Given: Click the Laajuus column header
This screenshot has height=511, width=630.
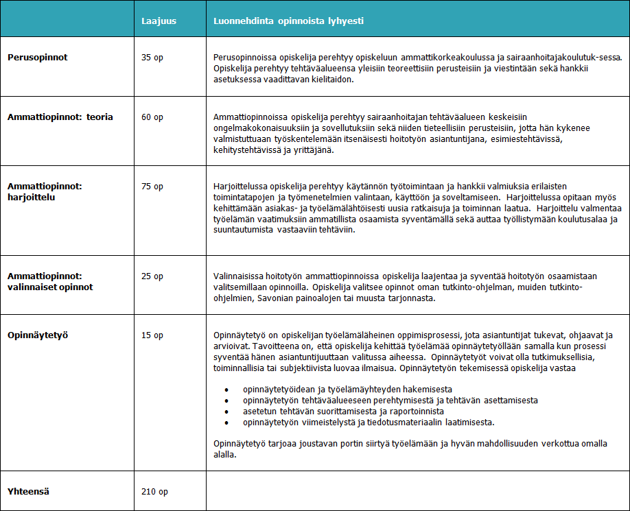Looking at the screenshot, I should tap(159, 21).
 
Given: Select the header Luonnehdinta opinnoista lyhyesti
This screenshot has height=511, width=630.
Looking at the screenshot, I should tap(288, 21).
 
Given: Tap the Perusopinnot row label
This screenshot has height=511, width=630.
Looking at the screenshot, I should tap(38, 58).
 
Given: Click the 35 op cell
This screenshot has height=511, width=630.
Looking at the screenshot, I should tap(152, 58).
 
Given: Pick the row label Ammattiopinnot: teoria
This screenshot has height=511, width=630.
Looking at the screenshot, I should tap(60, 117).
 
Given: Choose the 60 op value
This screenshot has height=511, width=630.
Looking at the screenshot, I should tap(152, 117).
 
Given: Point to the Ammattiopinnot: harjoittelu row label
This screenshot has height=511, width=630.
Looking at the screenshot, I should tap(45, 191).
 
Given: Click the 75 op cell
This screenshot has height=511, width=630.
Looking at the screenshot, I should tap(152, 187).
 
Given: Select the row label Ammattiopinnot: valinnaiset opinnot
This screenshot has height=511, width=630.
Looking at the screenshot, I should tap(50, 281).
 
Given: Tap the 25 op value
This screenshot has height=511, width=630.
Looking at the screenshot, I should tap(152, 276).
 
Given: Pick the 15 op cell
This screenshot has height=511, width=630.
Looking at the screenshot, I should tap(152, 335).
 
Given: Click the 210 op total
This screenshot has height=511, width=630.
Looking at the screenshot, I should tap(154, 492).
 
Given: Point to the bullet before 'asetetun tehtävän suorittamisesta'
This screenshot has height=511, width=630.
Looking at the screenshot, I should tap(227, 411).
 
